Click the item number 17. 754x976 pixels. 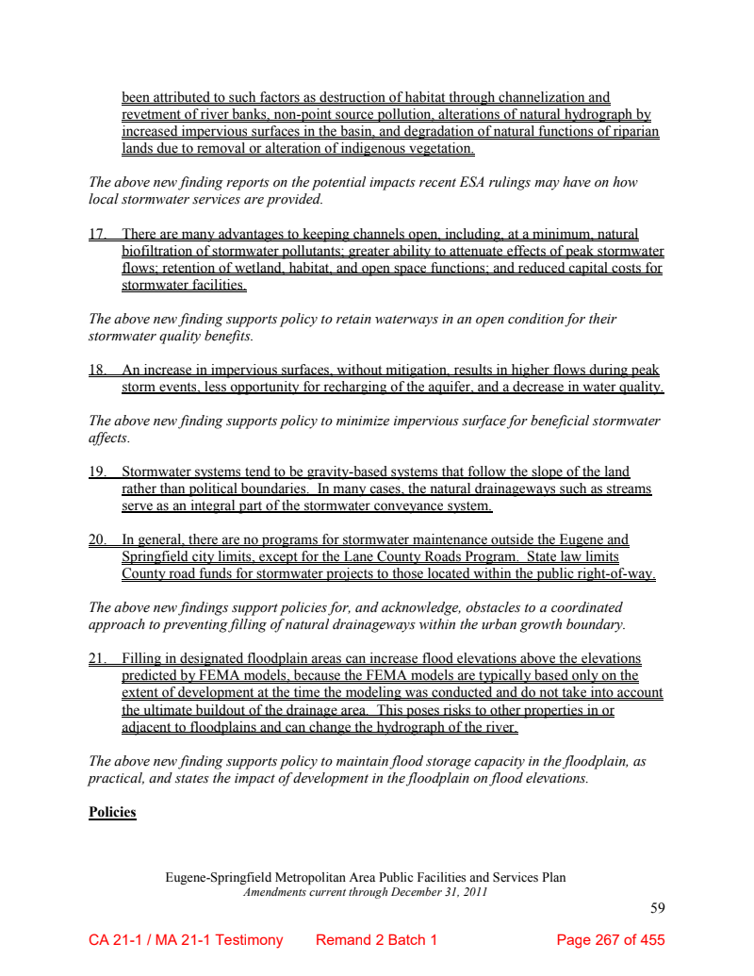click(97, 234)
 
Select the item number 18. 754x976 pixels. click(97, 371)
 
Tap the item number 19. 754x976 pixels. click(97, 471)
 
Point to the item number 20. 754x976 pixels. click(97, 540)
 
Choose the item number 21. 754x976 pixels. click(97, 658)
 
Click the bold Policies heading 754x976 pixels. click(112, 812)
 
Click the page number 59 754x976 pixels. click(658, 908)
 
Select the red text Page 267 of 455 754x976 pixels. click(611, 940)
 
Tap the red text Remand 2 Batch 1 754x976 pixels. click(376, 940)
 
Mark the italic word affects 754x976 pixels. click(107, 438)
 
